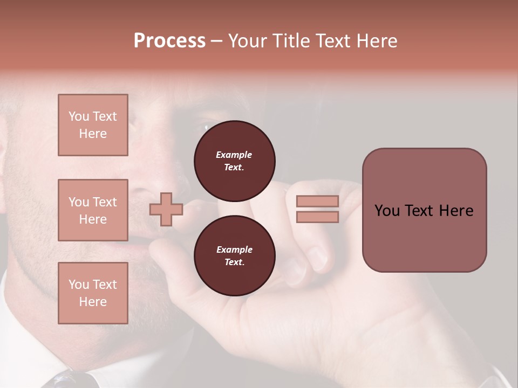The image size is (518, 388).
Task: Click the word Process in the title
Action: pos(169,41)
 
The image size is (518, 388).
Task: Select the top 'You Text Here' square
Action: pos(93,125)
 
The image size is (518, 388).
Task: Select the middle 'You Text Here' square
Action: pos(93,210)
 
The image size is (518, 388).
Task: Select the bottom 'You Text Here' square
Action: pos(93,293)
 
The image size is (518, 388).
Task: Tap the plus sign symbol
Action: pos(166,210)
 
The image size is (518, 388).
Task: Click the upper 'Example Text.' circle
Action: pos(234,161)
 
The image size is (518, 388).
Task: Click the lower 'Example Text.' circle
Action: pos(234,255)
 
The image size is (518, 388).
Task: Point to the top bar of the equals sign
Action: pos(317,201)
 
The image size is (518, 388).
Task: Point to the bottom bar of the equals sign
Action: pos(317,217)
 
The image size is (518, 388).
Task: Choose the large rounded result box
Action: pos(424,210)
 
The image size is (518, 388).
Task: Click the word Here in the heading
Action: pos(376,41)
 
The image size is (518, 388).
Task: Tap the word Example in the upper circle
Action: pos(234,155)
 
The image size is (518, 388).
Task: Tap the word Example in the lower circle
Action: pos(234,250)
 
